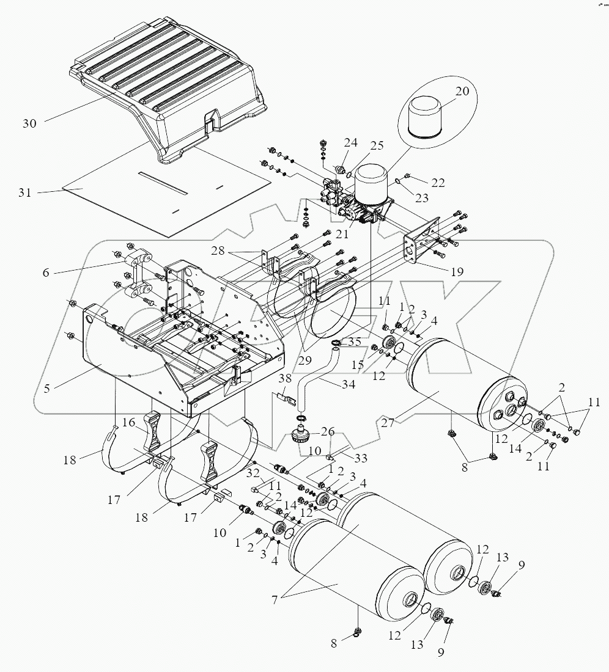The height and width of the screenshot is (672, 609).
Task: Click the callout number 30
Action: tap(29, 123)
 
